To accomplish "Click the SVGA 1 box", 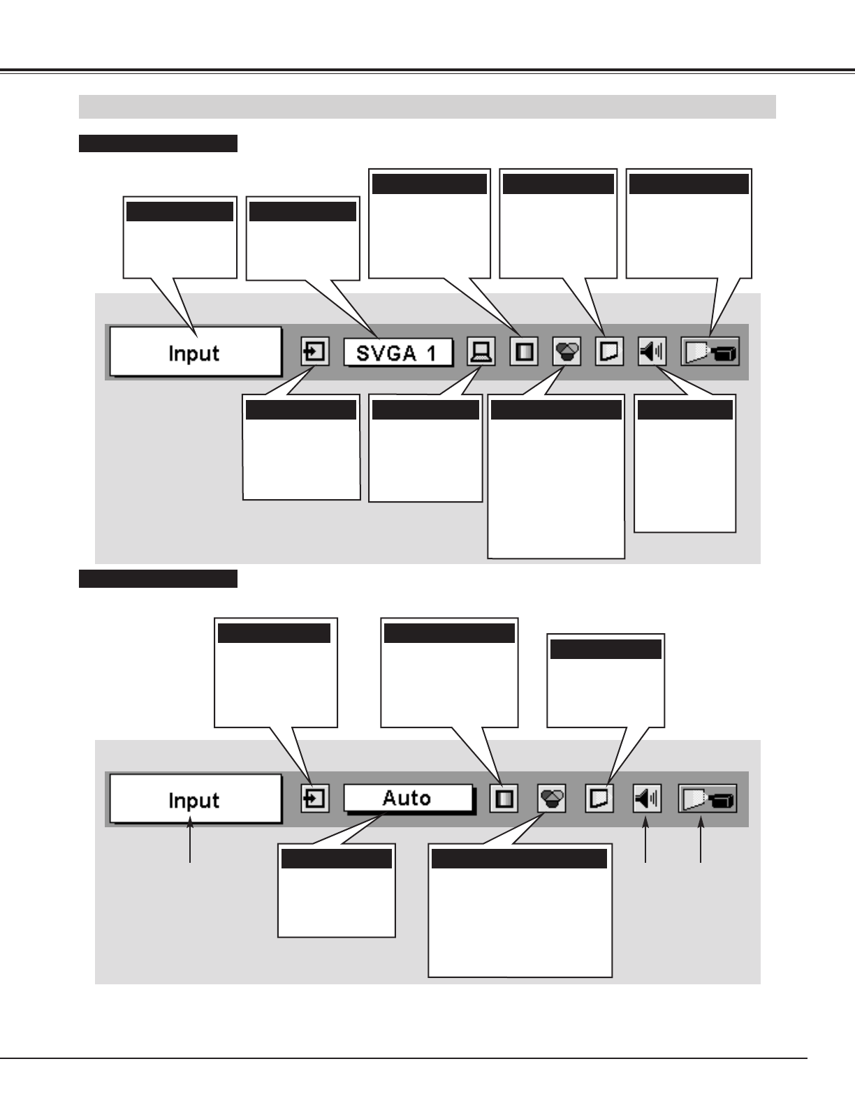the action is pos(397,353).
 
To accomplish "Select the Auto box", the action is pos(407,798).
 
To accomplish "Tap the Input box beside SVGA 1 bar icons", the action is pos(195,353).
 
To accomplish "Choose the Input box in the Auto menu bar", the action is pos(195,799).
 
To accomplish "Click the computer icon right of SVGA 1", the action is pos(481,352).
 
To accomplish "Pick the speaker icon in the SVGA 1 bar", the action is pos(652,352).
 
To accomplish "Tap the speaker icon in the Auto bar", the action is pos(647,799).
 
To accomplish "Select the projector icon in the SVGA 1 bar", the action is pos(710,353).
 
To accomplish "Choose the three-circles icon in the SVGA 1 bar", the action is pos(567,352).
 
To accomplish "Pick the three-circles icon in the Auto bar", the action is pos(552,799).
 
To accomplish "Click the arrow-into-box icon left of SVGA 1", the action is pos(315,352).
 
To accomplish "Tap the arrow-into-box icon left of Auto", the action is pos(315,799).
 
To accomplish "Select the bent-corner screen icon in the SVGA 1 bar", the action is pos(609,352).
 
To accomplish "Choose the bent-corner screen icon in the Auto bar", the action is pos(599,799).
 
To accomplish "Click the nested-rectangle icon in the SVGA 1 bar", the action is pos(524,352).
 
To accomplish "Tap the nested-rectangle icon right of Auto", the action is pos(504,799).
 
